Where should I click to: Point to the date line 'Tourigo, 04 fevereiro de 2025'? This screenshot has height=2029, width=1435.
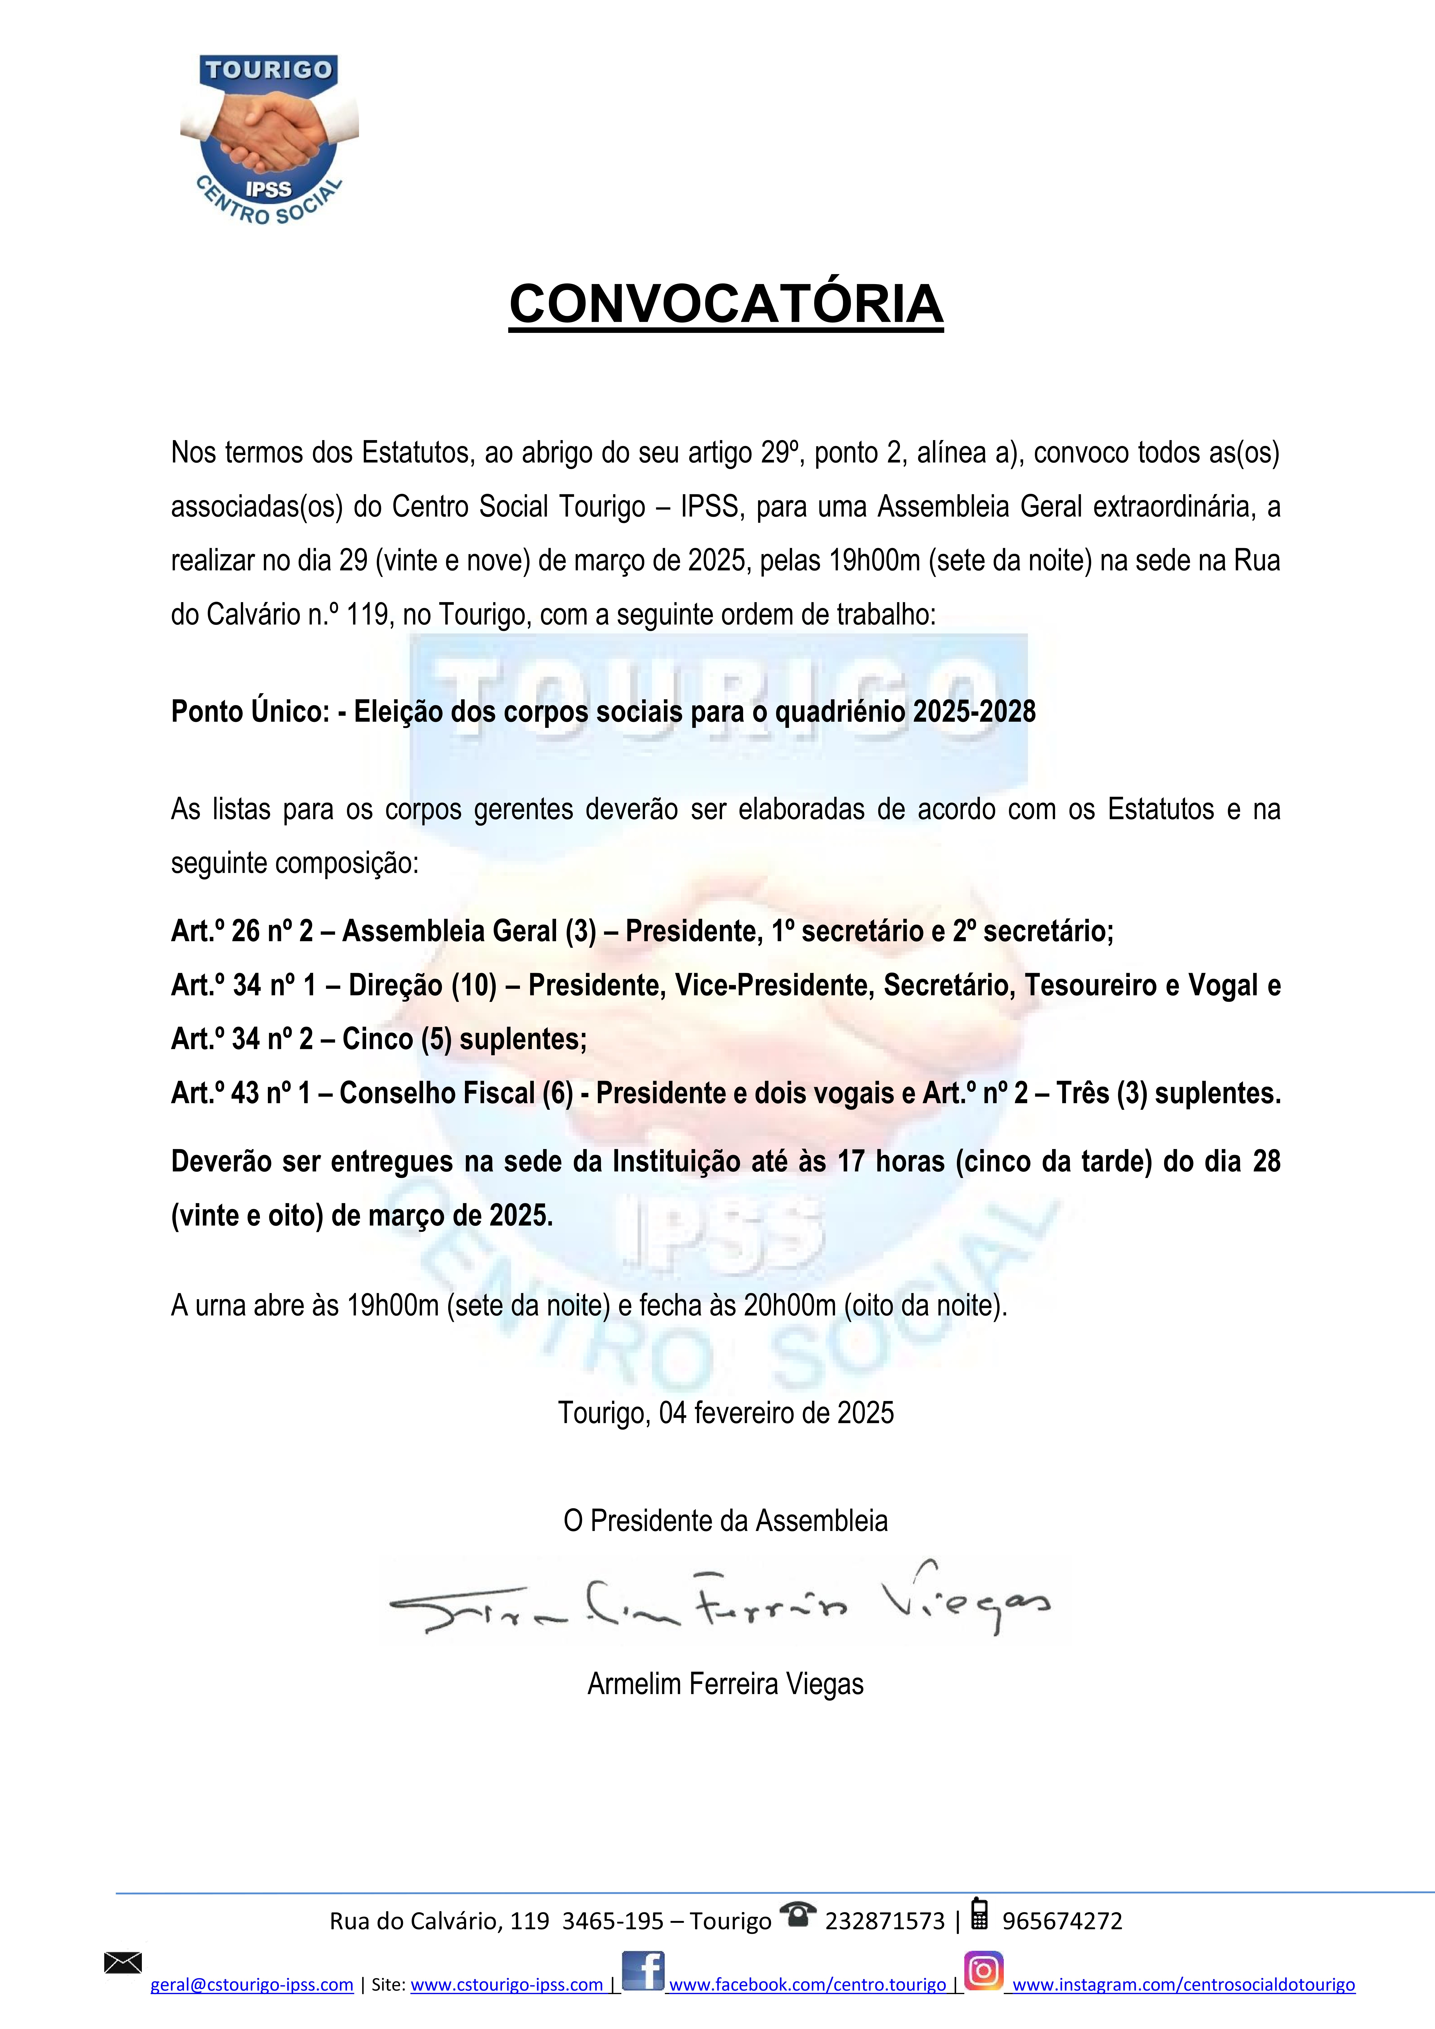coord(725,1413)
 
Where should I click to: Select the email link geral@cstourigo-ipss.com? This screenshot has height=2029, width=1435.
coord(252,1985)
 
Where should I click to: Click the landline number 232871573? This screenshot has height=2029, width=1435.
coord(884,1921)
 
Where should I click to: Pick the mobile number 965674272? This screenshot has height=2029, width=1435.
coord(1062,1921)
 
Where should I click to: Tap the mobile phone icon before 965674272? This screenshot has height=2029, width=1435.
coord(979,1914)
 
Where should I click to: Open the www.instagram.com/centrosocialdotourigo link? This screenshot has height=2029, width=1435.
coord(1183,1985)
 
